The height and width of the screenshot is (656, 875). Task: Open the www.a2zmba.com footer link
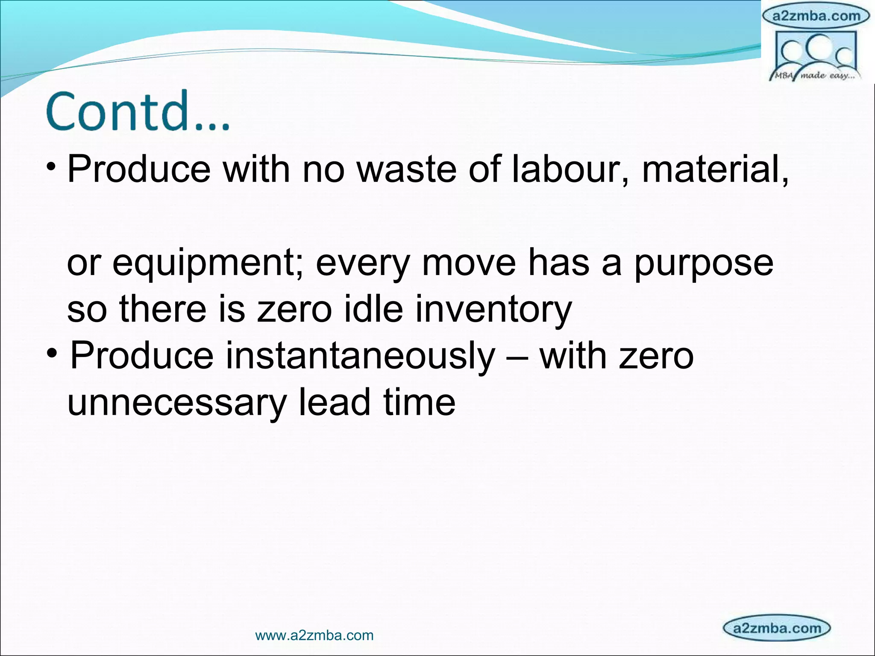pyautogui.click(x=314, y=635)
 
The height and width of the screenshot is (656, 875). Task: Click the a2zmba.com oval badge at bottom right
pyautogui.click(x=777, y=628)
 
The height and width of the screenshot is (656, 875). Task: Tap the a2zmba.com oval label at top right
pyautogui.click(x=816, y=16)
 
